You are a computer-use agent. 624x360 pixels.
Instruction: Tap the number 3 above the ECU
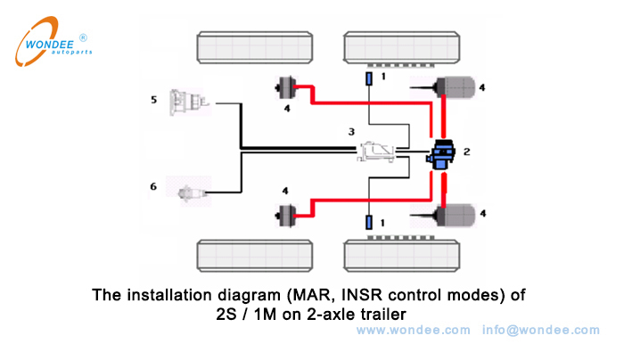pos(351,131)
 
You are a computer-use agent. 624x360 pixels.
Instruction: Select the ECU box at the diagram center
pos(378,153)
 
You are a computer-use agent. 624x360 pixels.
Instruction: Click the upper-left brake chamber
pos(286,87)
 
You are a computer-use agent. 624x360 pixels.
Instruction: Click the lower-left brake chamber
pos(286,214)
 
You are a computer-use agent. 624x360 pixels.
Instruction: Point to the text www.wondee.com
pos(413,330)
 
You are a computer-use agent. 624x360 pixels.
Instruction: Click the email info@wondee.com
pos(541,330)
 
